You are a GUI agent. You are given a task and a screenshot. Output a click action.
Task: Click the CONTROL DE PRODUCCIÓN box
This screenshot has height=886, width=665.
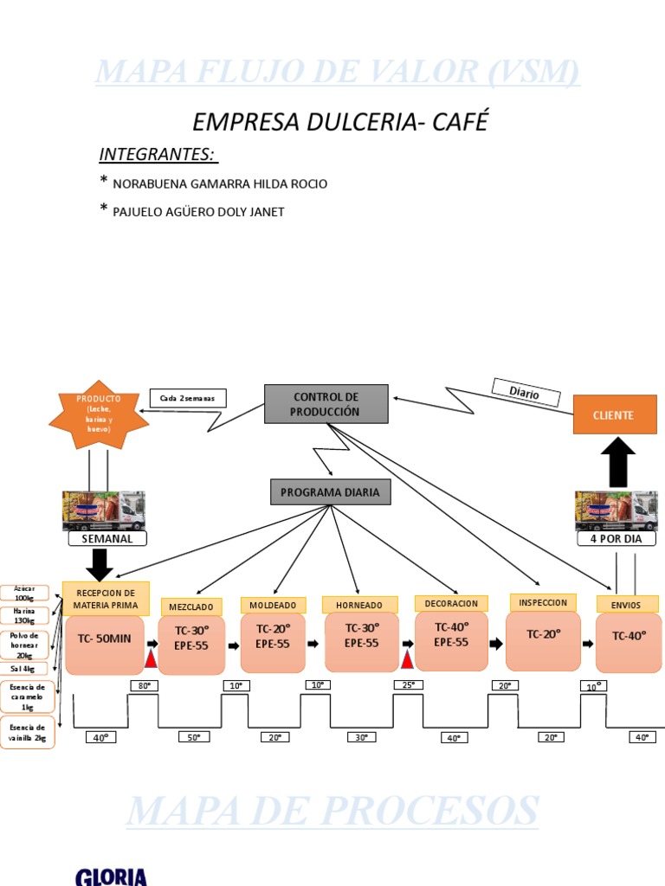[x=326, y=404]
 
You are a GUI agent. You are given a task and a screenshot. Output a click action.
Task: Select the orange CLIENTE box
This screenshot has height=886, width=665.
[x=613, y=415]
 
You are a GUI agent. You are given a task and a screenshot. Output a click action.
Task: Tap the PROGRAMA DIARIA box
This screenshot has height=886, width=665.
[x=330, y=492]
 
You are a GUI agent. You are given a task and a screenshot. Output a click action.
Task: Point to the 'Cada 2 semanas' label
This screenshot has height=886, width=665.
[x=188, y=398]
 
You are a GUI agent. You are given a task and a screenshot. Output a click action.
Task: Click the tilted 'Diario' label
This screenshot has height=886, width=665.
[x=524, y=392]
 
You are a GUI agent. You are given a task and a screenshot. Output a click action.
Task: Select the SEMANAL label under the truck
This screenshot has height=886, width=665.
[x=107, y=538]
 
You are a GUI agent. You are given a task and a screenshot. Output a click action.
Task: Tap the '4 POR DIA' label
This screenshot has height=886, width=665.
[x=617, y=538]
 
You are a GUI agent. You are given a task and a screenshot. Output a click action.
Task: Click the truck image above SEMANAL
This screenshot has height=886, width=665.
[x=103, y=510]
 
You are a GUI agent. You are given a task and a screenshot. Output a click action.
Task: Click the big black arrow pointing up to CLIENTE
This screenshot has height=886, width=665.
[x=617, y=462]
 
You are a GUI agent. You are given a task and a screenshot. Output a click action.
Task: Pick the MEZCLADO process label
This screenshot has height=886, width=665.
[x=190, y=607]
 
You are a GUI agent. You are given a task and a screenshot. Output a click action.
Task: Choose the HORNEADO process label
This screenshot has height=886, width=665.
[x=359, y=605]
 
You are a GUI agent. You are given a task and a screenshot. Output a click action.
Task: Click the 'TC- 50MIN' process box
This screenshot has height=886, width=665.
[x=105, y=639]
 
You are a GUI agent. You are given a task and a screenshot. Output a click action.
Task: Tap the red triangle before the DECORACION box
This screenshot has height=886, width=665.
[x=406, y=660]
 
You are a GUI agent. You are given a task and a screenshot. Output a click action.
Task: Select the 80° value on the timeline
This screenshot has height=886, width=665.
[x=144, y=685]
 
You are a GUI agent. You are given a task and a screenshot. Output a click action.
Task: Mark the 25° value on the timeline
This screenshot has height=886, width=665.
[x=406, y=684]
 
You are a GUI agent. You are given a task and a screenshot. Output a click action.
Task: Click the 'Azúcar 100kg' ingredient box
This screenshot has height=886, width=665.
[x=24, y=593]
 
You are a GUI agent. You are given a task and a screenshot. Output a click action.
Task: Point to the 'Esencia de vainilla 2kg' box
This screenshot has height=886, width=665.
[x=27, y=732]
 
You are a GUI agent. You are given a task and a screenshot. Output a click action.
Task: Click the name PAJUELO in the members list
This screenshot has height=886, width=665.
[x=139, y=212]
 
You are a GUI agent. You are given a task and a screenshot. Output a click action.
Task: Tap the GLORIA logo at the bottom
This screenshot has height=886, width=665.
[x=111, y=876]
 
